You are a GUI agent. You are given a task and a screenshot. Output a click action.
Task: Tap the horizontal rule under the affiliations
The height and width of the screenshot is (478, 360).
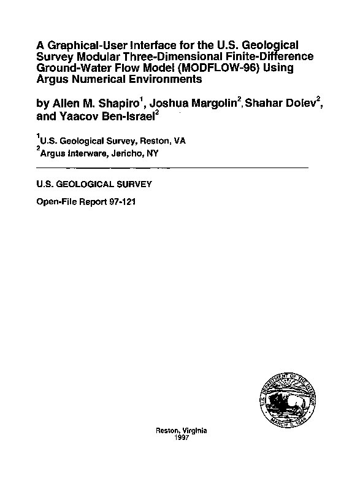172,167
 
